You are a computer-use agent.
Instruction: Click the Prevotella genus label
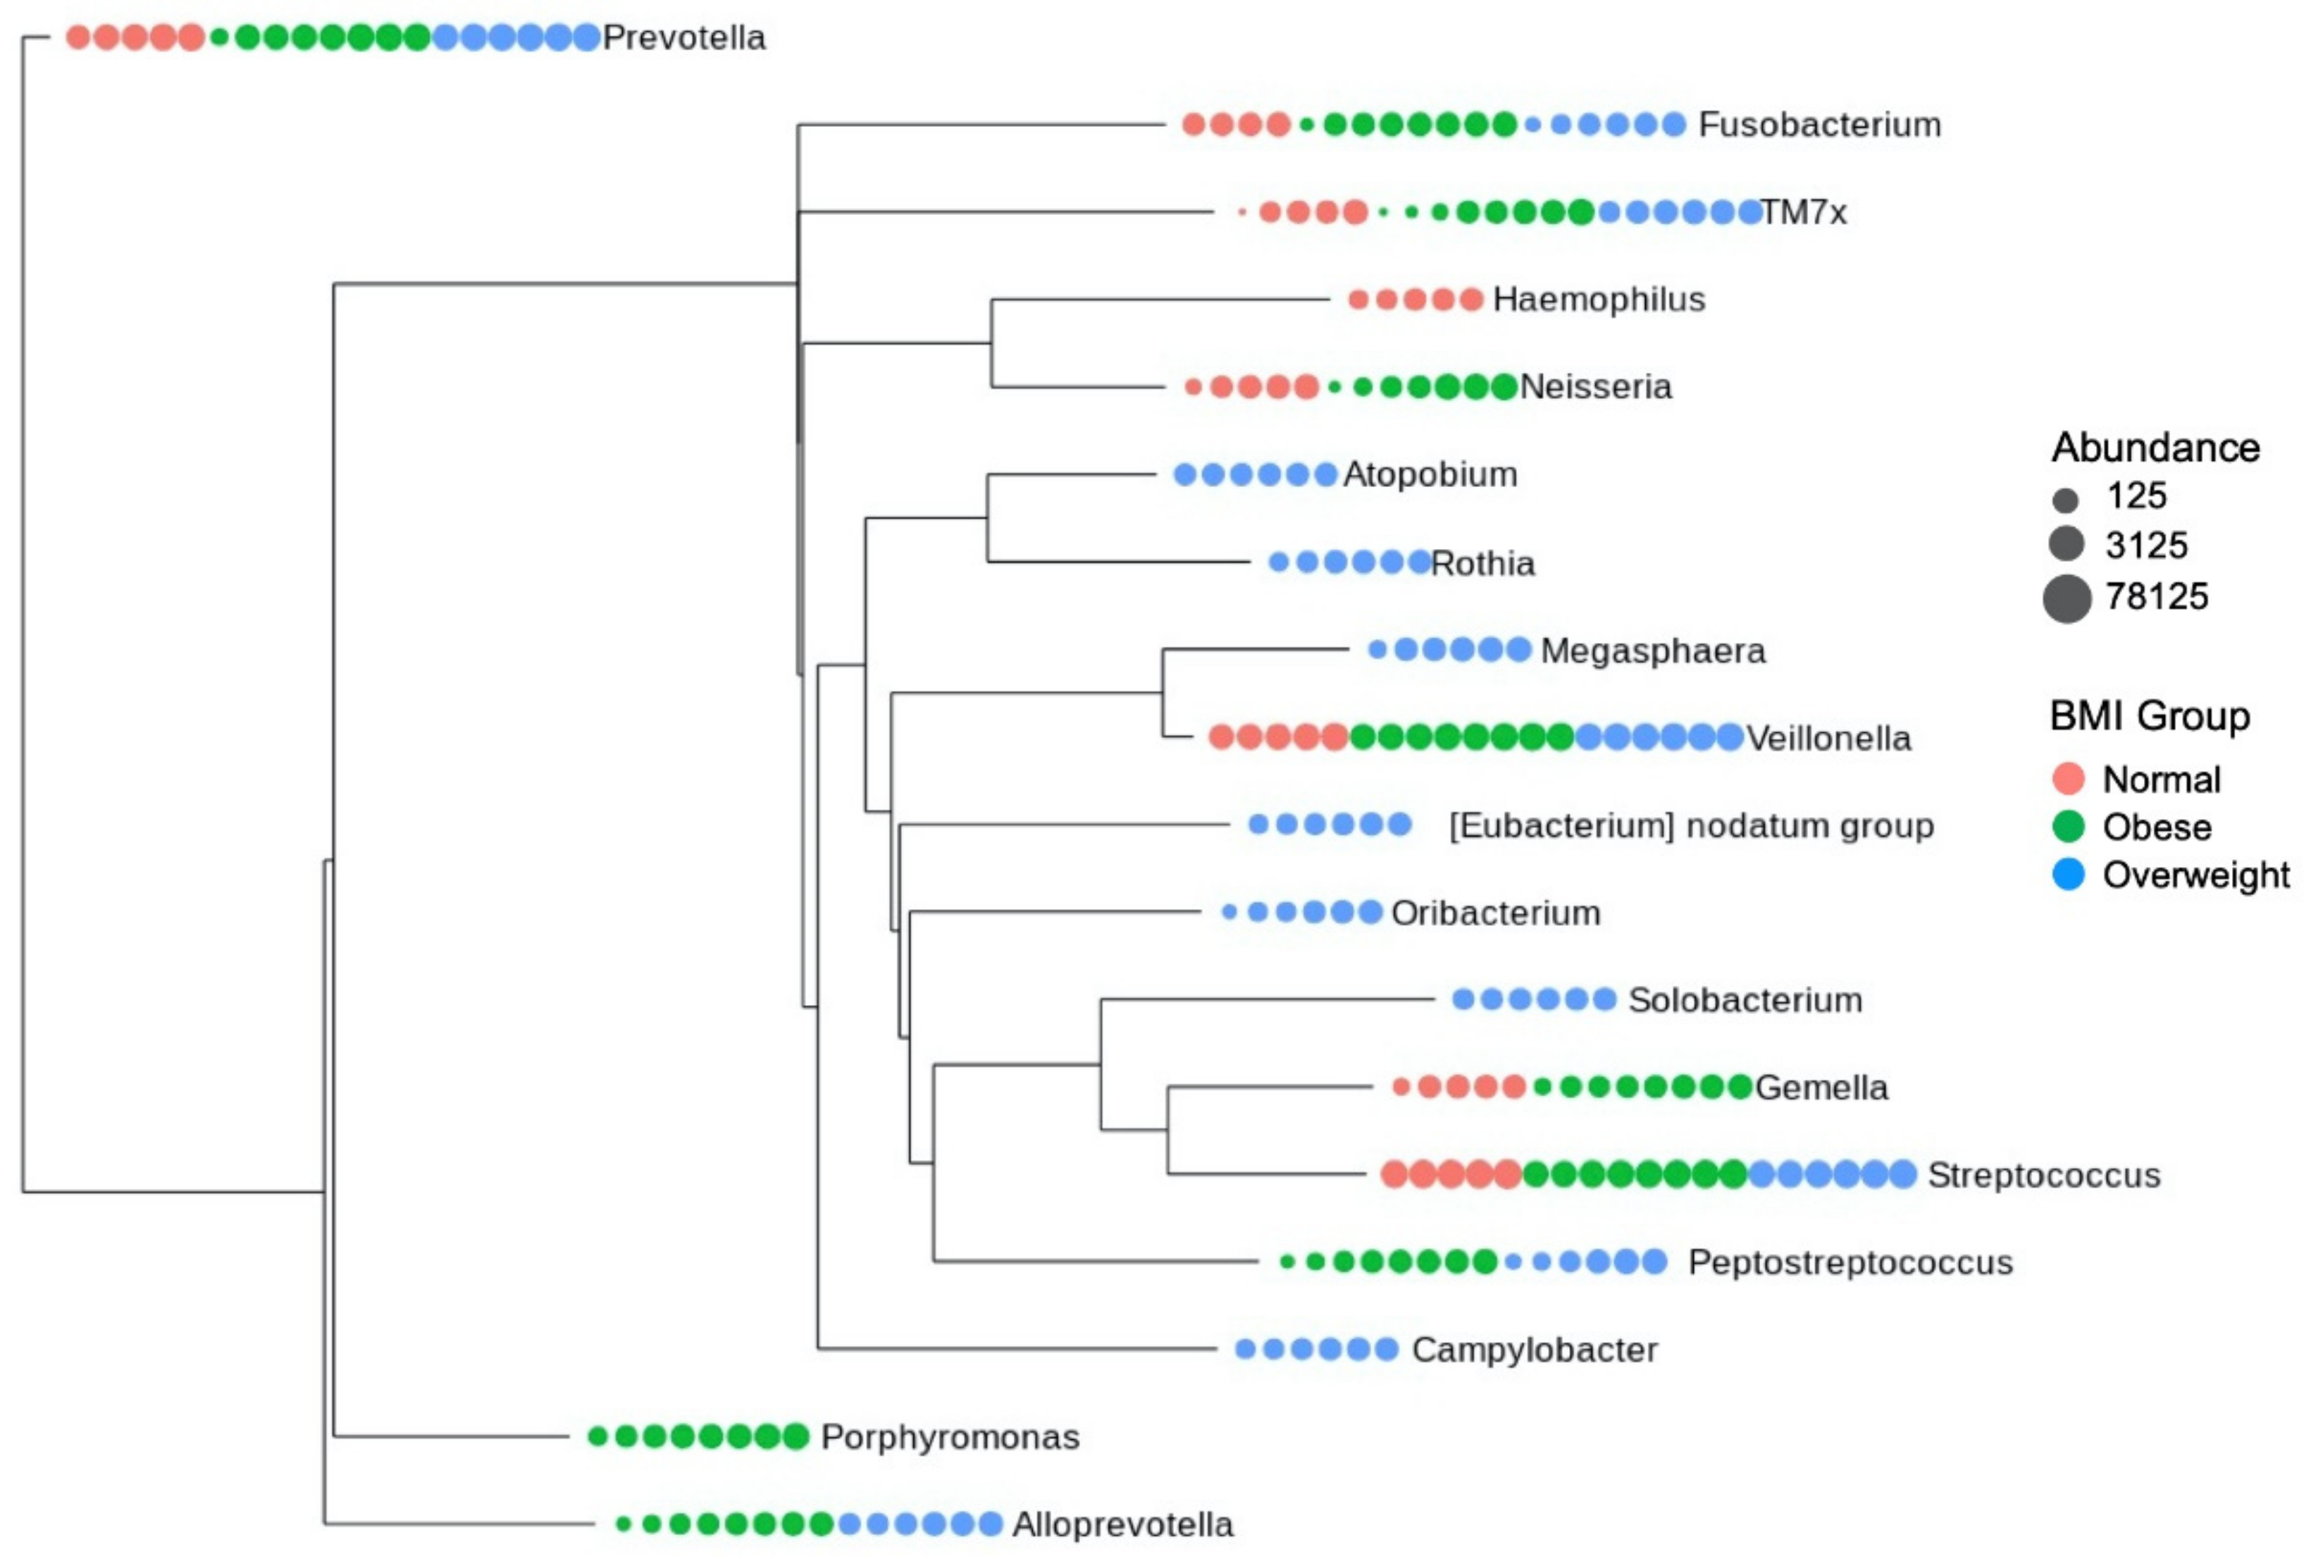coord(684,38)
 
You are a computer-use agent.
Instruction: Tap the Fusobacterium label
coord(1819,124)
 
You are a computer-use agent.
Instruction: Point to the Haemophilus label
coord(1598,300)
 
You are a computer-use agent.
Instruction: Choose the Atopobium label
coord(1430,474)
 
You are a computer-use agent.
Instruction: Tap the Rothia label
coord(1482,562)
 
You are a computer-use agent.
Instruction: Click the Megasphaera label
coord(1652,651)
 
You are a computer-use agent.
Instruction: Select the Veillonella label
coord(1828,738)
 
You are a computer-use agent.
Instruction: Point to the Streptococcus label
coord(2044,1175)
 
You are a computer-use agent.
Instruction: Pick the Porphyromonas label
coord(949,1436)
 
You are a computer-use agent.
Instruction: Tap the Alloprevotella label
coord(1122,1524)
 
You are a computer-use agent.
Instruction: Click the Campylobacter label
coord(1534,1349)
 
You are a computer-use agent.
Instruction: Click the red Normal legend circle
coord(2067,779)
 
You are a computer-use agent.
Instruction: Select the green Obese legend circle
coord(2067,826)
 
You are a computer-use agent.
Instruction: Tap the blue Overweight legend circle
coord(2067,875)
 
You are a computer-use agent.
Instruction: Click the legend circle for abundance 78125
coord(2067,598)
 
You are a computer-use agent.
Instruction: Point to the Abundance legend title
coord(2155,448)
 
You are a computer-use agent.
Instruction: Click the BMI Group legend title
coord(2149,716)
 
